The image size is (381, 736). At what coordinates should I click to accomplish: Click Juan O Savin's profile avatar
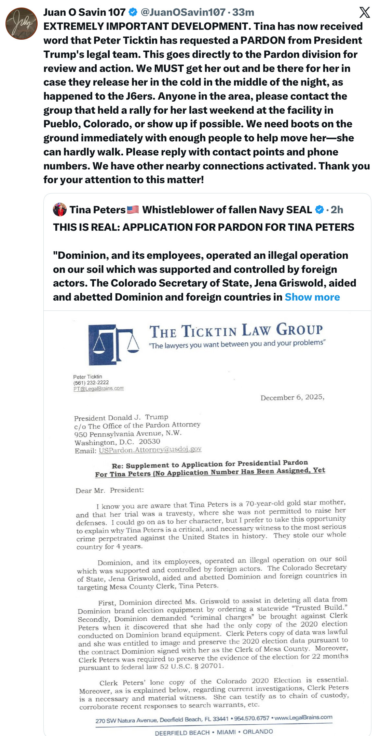(21, 24)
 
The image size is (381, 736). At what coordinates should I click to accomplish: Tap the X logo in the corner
(364, 13)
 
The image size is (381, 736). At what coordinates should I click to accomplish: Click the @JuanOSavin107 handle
(183, 12)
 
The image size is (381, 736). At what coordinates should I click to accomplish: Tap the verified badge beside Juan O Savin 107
(133, 12)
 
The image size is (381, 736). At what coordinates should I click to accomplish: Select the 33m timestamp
(243, 12)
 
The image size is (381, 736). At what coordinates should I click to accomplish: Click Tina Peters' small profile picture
(60, 210)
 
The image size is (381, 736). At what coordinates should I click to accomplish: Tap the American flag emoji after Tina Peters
(133, 210)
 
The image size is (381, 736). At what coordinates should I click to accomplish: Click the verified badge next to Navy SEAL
(319, 210)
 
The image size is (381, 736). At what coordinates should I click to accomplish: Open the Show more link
(312, 297)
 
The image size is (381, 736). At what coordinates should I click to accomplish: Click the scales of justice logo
(113, 344)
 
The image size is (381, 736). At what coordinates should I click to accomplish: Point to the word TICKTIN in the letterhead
(209, 331)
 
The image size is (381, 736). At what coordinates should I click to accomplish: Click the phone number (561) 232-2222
(91, 383)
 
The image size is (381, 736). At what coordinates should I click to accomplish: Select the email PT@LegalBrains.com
(98, 389)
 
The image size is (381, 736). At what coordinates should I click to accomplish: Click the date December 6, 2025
(292, 397)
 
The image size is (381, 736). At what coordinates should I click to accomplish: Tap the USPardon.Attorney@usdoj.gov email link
(150, 449)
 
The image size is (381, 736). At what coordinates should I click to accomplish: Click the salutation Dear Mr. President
(110, 490)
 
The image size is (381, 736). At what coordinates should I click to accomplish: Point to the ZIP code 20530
(149, 442)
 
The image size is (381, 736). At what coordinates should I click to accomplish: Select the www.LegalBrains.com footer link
(303, 717)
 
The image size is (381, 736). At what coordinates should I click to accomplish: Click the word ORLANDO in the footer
(258, 732)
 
